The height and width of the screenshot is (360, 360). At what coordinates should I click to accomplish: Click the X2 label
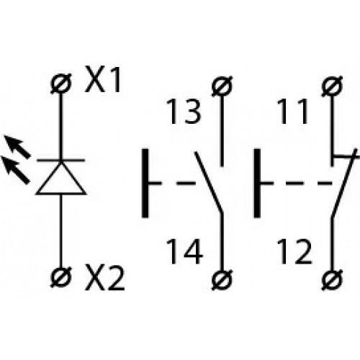(105, 279)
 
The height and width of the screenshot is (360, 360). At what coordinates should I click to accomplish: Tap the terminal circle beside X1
(61, 84)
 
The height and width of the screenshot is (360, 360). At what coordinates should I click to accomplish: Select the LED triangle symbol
(61, 179)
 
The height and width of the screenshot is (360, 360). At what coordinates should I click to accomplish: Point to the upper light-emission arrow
(17, 146)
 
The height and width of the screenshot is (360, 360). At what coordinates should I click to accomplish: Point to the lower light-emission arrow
(15, 170)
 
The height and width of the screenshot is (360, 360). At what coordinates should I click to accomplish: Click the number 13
(184, 112)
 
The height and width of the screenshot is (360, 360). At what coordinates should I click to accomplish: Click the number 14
(184, 251)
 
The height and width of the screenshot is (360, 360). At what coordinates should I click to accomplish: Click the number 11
(292, 112)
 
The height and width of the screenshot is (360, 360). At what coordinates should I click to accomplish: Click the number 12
(294, 251)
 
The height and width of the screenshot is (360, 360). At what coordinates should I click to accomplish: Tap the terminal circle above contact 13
(222, 86)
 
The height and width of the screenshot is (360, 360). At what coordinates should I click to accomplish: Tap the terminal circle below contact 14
(222, 279)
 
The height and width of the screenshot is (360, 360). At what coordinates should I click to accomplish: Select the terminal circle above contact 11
(332, 86)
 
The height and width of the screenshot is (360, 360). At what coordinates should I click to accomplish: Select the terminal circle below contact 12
(332, 279)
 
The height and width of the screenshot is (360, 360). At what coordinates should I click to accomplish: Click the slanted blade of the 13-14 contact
(209, 182)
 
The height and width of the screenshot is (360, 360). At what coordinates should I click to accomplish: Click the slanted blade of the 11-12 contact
(344, 183)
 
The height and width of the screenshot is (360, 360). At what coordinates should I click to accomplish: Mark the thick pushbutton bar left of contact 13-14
(145, 183)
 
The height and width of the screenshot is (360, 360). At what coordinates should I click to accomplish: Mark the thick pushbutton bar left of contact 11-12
(257, 183)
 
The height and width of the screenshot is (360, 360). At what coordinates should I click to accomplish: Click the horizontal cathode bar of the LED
(61, 160)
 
